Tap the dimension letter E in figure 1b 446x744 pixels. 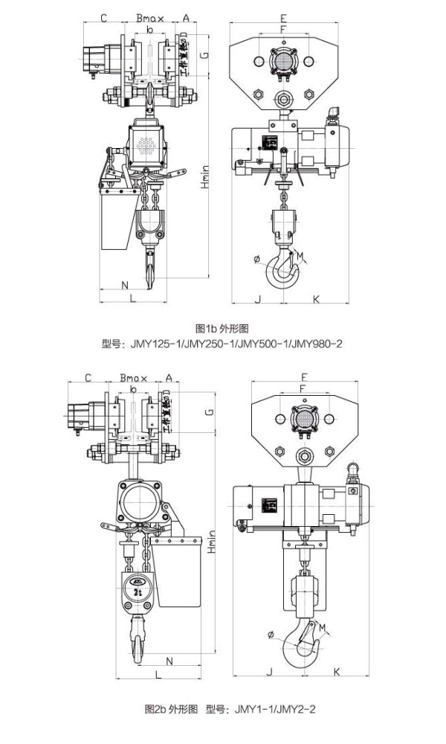coord(283,17)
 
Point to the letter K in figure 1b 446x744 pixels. coord(316,299)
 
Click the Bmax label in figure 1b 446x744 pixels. coord(150,16)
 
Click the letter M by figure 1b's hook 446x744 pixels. coord(301,257)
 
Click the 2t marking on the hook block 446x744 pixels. coord(138,591)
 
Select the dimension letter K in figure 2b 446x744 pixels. coord(337,672)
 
